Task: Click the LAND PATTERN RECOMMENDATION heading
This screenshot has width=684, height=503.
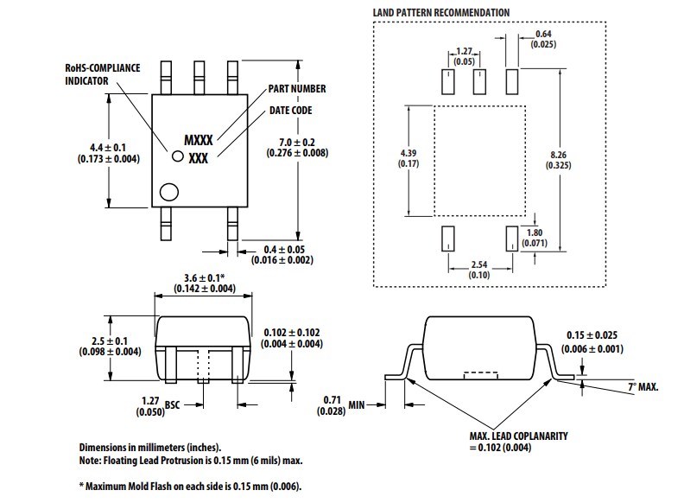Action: [x=440, y=13]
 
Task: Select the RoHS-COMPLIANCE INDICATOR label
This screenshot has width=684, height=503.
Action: [x=103, y=73]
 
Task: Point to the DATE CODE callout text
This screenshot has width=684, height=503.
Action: [x=290, y=111]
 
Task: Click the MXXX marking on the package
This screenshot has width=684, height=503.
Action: [x=199, y=139]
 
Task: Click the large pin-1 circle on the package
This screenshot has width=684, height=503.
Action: [x=169, y=192]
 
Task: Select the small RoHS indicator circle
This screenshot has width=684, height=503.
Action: [x=178, y=156]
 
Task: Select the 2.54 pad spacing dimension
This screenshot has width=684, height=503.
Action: [x=479, y=269]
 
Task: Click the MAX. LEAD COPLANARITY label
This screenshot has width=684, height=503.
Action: [x=519, y=436]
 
